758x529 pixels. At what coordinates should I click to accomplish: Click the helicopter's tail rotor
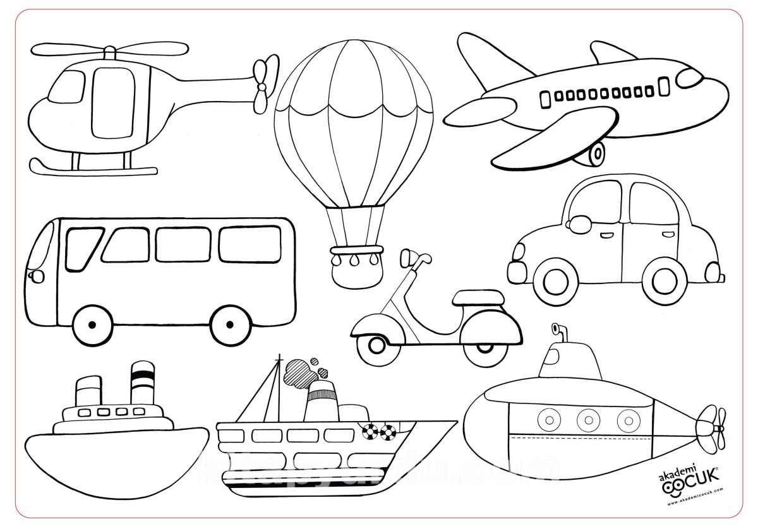[x=264, y=85]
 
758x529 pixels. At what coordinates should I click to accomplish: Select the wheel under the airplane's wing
[x=595, y=153]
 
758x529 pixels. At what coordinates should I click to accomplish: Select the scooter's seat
[x=480, y=297]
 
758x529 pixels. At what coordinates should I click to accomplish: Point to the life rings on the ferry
[x=378, y=432]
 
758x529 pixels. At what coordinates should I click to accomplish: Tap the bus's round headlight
[x=36, y=276]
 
